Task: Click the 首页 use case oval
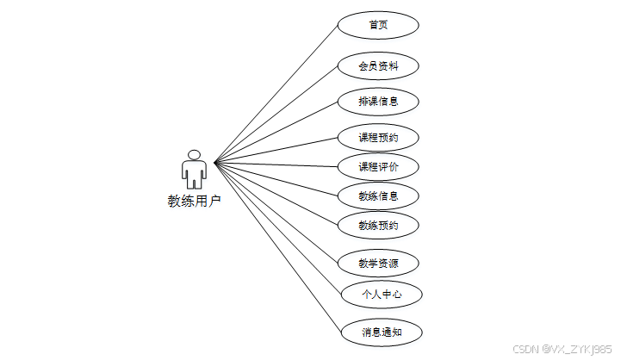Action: coord(378,25)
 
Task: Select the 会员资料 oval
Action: coord(378,65)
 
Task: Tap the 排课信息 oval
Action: coord(378,102)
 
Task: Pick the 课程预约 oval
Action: coord(378,137)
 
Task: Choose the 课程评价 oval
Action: coord(378,166)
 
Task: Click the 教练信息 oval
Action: coord(378,196)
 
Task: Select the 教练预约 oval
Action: coord(378,226)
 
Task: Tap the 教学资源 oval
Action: coord(378,263)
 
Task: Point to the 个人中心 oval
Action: coord(381,295)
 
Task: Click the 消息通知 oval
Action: coord(381,332)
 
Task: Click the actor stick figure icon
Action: coord(195,171)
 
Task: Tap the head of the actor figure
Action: coord(195,155)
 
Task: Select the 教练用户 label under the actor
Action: coord(195,202)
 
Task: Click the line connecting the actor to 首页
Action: coord(276,93)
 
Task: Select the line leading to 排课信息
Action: coord(276,132)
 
